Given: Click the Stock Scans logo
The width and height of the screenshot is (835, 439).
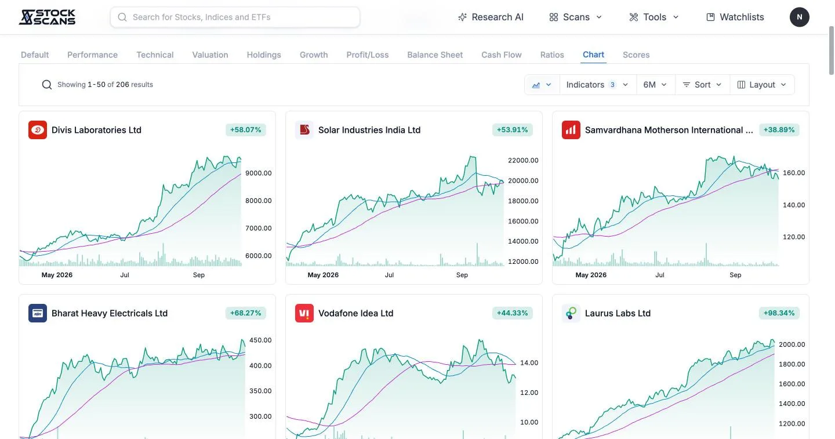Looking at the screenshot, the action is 47,17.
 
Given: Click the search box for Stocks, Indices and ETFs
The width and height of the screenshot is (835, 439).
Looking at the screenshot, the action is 235,17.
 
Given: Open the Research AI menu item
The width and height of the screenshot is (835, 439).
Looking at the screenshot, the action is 491,17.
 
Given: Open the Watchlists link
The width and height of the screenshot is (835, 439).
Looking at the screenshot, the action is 735,17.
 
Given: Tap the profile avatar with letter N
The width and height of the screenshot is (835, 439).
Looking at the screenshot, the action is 799,17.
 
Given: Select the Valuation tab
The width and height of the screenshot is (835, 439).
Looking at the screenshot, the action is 210,55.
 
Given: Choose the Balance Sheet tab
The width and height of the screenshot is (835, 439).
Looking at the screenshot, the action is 435,55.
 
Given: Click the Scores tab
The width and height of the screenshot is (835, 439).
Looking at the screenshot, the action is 636,55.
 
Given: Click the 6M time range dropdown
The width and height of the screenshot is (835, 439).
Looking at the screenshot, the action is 655,85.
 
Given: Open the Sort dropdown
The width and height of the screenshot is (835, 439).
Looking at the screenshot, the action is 702,85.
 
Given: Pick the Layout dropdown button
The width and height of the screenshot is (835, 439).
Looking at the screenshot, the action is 762,85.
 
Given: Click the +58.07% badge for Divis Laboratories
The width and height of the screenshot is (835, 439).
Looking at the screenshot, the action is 246,130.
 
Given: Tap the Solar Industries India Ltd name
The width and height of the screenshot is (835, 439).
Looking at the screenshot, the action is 369,130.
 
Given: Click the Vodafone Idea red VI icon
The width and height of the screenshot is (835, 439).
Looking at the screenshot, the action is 304,313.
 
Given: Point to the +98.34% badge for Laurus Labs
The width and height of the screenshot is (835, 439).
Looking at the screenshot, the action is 779,313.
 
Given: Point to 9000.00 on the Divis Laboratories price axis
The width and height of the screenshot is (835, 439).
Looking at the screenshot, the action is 259,173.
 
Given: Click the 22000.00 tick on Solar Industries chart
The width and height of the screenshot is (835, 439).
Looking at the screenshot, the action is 523,160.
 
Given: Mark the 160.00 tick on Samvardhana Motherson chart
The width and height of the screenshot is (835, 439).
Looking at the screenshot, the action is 794,173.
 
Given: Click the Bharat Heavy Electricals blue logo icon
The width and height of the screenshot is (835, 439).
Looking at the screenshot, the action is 38,313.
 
